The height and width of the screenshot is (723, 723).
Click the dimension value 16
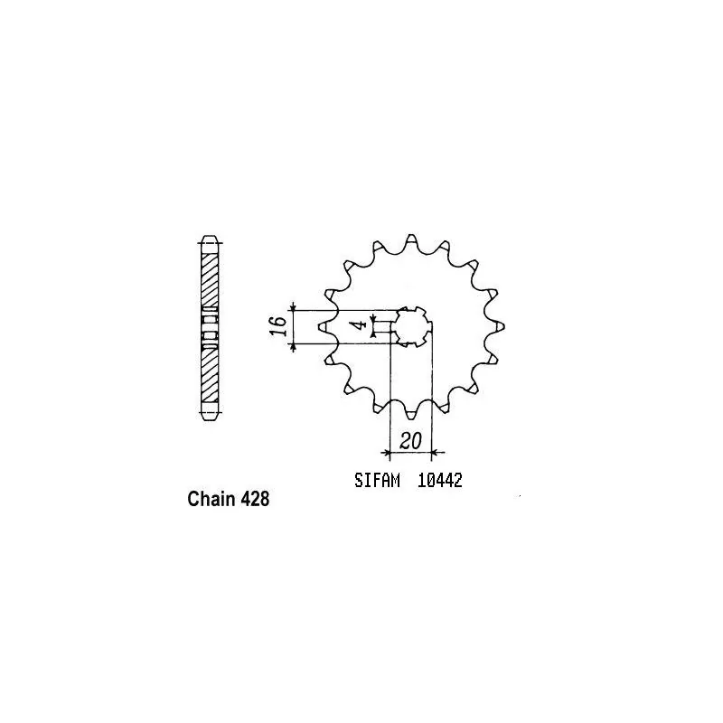coord(280,326)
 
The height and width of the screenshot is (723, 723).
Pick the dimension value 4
coord(359,324)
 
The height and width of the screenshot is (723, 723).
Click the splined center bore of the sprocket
coord(411,326)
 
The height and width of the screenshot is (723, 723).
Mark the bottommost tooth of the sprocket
coord(411,411)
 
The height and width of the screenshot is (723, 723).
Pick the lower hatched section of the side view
coord(209,375)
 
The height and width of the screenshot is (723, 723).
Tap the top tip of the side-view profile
coord(209,239)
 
